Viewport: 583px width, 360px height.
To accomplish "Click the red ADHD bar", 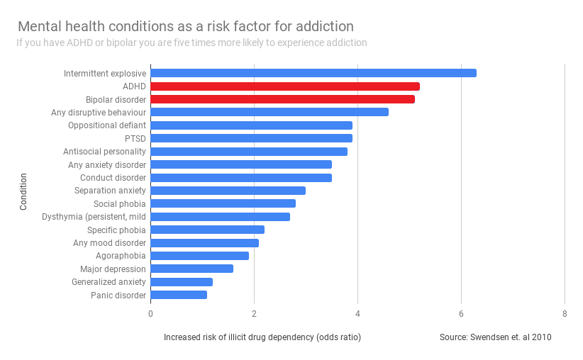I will tap(284, 86).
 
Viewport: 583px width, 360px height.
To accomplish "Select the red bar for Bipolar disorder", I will tap(282, 99).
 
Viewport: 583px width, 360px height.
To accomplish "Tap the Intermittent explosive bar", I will tap(313, 73).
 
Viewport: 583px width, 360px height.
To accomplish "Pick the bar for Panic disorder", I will tap(179, 295).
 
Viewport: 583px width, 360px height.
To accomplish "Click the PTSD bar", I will tap(251, 138).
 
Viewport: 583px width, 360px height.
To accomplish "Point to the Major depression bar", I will tap(191, 269).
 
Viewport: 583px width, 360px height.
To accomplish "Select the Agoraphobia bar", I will tap(199, 256).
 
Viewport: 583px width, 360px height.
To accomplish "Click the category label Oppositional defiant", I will tap(107, 125).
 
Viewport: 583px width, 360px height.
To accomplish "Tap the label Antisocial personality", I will tap(104, 152).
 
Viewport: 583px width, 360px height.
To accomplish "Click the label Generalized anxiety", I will tap(109, 282).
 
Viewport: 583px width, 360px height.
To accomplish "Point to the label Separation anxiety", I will tap(110, 191).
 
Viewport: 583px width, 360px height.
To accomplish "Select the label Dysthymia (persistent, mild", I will tap(94, 217).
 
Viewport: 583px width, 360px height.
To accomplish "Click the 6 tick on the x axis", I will tap(461, 314).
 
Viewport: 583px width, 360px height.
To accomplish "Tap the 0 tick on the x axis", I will tap(150, 314).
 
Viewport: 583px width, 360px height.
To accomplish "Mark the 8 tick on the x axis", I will tap(565, 314).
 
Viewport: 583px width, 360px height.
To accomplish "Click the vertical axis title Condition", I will tap(23, 191).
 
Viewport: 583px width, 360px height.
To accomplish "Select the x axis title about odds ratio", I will tap(262, 337).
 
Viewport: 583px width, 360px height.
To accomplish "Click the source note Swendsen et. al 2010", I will tap(495, 337).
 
